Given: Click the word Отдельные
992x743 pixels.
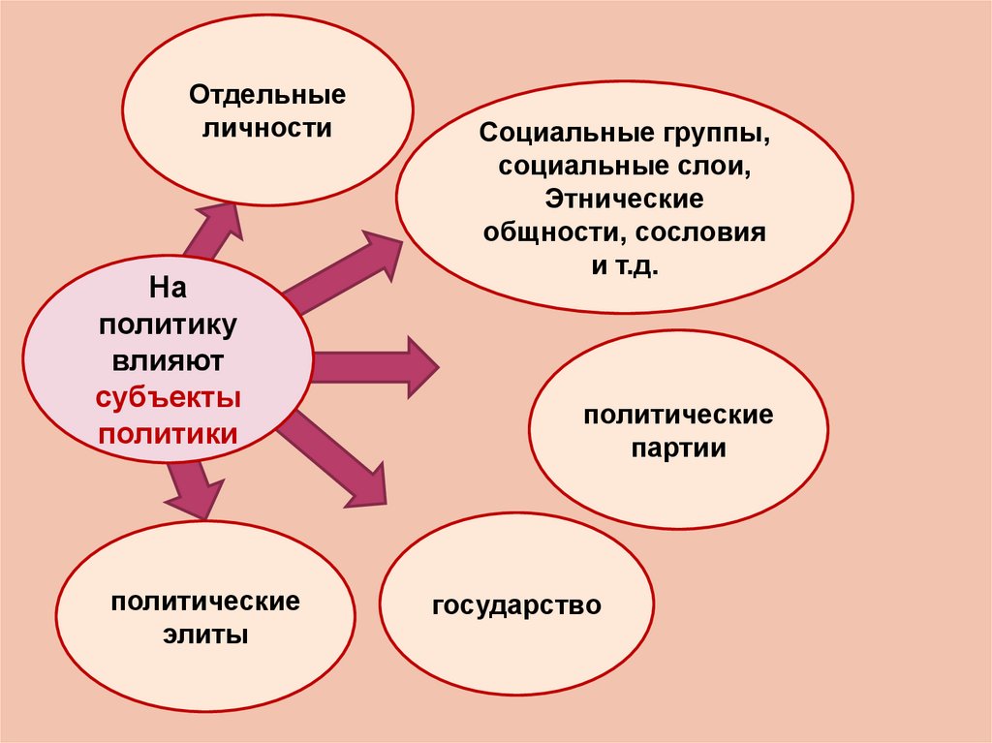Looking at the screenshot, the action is pos(267,97).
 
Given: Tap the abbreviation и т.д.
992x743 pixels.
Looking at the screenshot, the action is pos(624,265).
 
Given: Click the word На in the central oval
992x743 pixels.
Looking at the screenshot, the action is pos(167,288).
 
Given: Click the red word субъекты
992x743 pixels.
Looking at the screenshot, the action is pos(168,397).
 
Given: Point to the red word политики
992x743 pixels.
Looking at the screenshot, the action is pos(168,432).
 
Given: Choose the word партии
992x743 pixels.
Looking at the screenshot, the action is pos(678,449).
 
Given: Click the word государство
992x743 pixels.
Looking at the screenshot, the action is pos(517,606).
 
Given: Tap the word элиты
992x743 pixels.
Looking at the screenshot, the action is pos(204,635).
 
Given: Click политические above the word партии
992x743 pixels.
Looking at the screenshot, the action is pos(678,416).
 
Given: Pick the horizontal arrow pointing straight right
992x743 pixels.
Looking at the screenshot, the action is pos(378,366).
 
